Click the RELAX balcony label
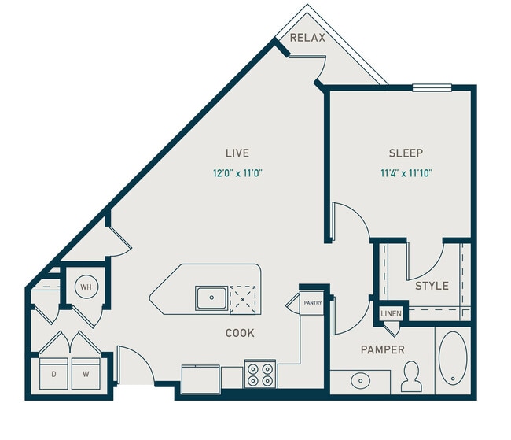click(308, 38)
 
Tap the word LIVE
click(237, 153)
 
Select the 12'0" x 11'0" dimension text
click(237, 172)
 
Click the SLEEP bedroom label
click(406, 153)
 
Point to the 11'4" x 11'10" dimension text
click(406, 172)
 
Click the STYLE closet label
click(432, 285)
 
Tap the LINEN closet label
click(391, 314)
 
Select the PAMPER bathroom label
click(382, 349)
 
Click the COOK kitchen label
click(240, 333)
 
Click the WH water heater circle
click(86, 287)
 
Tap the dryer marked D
click(53, 374)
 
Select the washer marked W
click(86, 374)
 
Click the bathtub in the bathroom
click(454, 361)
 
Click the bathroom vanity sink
click(360, 381)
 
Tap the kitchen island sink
click(211, 298)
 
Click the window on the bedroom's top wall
click(431, 87)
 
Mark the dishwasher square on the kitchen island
click(244, 297)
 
